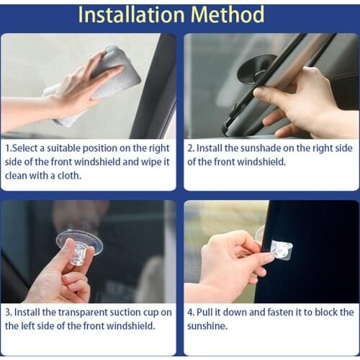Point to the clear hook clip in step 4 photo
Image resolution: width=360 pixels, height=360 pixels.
coord(281,251)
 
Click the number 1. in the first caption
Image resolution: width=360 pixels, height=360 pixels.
coord(9,148)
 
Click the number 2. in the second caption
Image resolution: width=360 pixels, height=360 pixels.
coord(192,148)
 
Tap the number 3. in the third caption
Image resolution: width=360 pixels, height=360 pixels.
coord(9,312)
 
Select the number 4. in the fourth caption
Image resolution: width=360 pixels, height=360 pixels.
coord(192,312)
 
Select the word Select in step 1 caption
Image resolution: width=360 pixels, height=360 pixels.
coord(28,148)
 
